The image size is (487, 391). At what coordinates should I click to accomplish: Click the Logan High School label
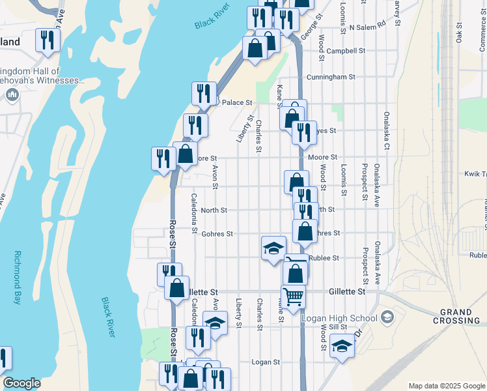340,318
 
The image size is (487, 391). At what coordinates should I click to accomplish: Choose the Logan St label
265,362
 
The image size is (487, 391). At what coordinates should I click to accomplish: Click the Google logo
21,383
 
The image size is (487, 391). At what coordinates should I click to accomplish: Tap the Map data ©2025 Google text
447,386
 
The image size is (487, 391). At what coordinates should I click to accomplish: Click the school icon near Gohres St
273,248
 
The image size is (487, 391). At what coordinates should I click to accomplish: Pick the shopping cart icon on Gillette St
294,297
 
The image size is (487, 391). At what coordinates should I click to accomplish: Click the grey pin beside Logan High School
387,317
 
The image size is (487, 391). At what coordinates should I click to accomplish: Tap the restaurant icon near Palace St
204,93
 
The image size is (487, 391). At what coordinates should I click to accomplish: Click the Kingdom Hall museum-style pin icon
12,95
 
